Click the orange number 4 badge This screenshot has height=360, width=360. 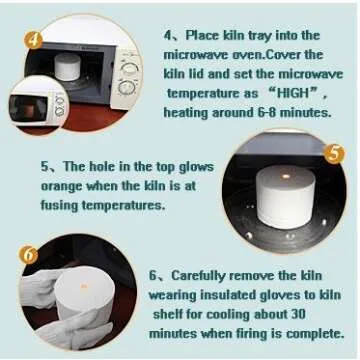point(32,40)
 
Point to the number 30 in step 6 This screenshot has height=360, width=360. point(330,314)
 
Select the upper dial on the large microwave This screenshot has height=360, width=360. point(128,67)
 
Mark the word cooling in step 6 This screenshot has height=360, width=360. point(248,314)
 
